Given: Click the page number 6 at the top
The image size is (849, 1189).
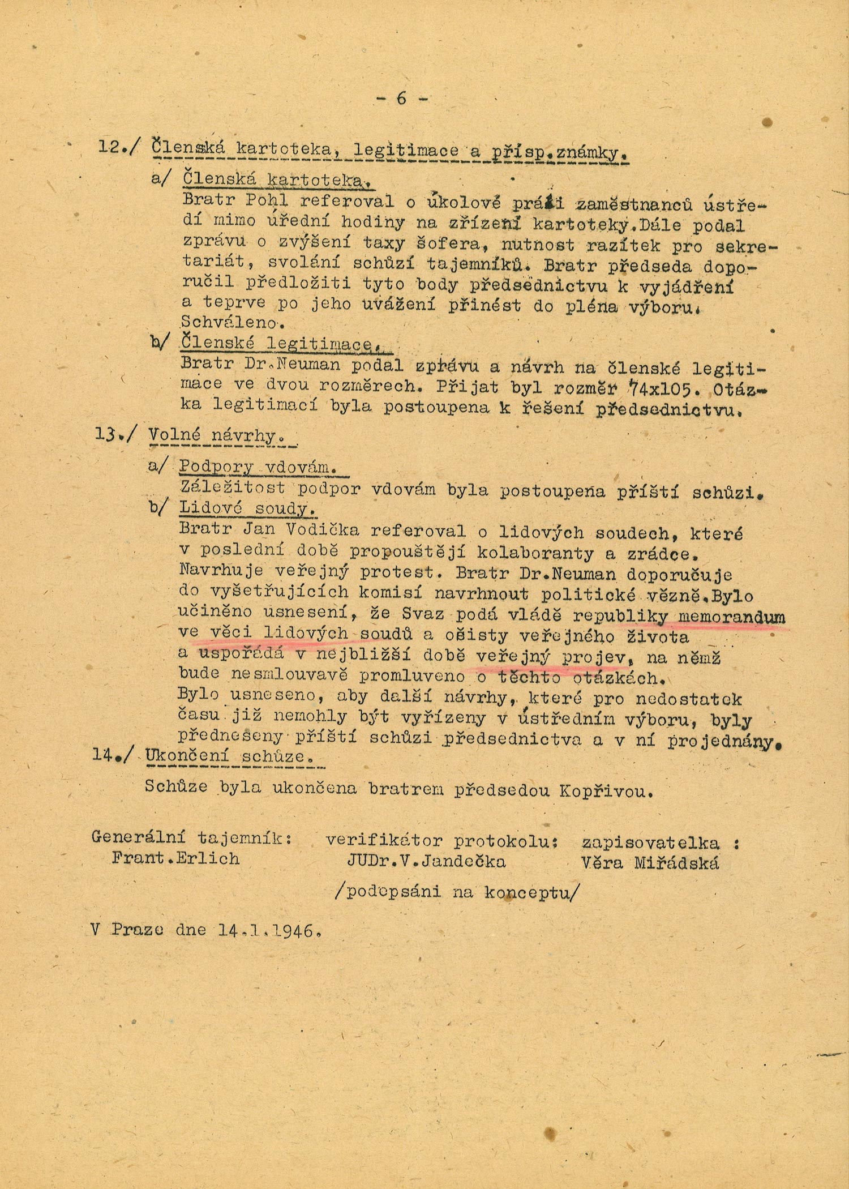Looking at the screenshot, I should [x=401, y=99].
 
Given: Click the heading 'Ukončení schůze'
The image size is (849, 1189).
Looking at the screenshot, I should [x=229, y=756].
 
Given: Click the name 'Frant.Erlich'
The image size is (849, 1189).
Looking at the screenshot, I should [x=175, y=858].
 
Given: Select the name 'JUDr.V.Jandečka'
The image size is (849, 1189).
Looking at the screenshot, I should [x=426, y=861].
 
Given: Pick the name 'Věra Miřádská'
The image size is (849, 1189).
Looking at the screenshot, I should [x=650, y=862].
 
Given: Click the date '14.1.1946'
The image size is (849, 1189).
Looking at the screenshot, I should [x=265, y=930].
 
